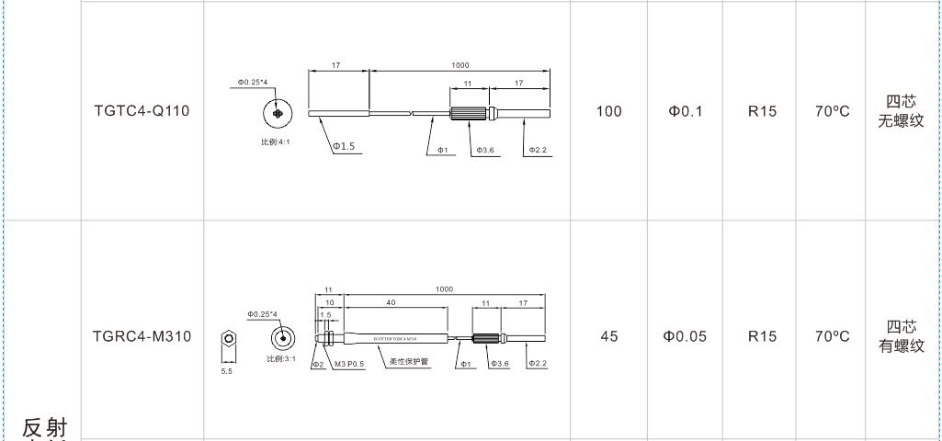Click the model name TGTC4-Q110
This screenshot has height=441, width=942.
[x=142, y=112]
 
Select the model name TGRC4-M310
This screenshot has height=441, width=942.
[x=142, y=336]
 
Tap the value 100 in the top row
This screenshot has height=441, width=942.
[x=608, y=112]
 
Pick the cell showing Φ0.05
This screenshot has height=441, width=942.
[x=685, y=336]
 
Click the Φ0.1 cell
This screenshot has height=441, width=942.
[x=685, y=112]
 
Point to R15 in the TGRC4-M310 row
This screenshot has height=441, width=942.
[x=762, y=336]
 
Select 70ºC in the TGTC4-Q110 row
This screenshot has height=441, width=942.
[x=833, y=112]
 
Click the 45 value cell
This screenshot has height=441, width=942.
[x=608, y=336]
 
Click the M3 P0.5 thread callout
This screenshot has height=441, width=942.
[x=349, y=364]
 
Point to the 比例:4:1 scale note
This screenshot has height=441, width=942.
[x=276, y=141]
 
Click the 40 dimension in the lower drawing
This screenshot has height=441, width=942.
[x=391, y=302]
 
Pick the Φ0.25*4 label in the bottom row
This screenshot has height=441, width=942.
[x=262, y=314]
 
